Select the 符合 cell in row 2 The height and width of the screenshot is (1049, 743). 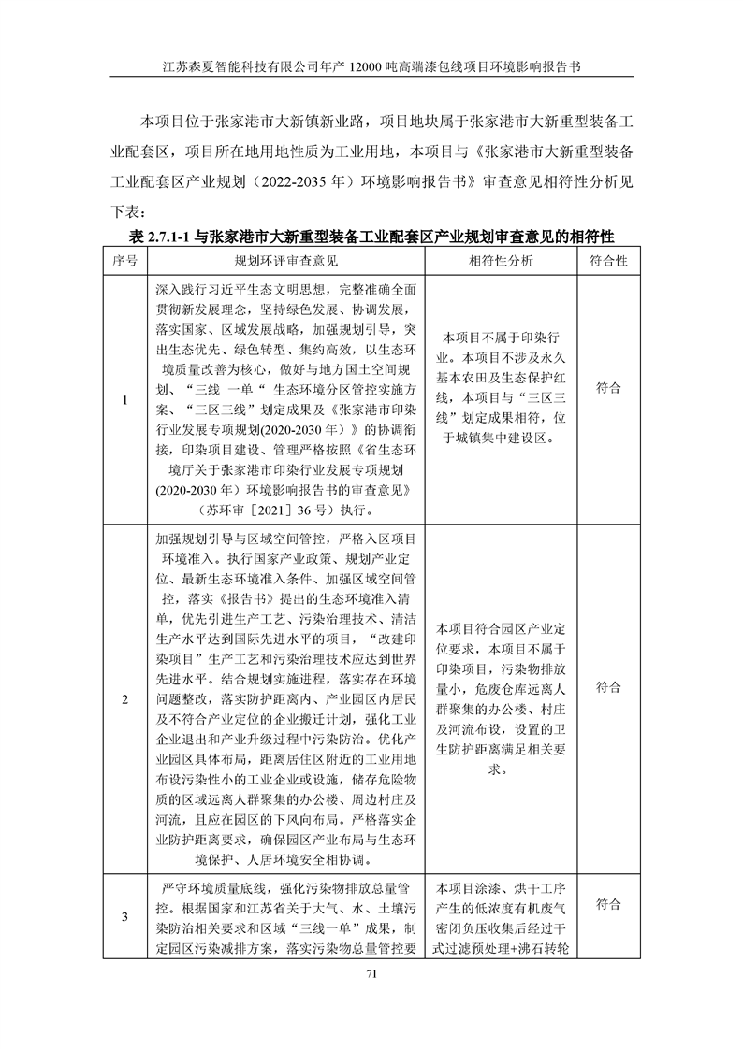click(608, 687)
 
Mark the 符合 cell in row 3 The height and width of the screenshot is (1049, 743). click(608, 904)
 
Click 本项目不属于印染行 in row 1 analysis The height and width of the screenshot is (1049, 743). click(502, 338)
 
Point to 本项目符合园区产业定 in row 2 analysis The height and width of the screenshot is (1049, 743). click(502, 628)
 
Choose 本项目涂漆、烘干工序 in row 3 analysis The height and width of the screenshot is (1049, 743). click(502, 888)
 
